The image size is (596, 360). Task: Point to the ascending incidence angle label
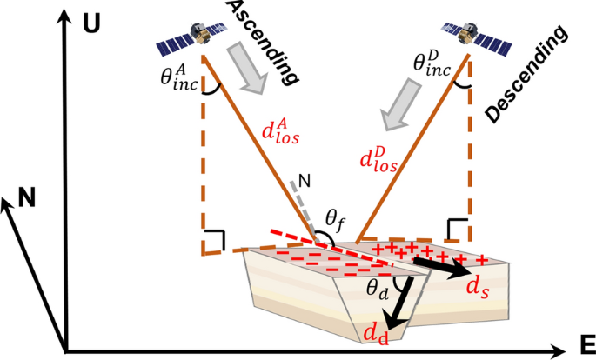point(177,77)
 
